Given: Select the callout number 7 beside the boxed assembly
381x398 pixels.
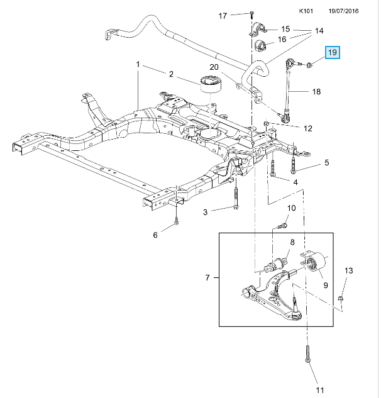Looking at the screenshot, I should coord(208,277).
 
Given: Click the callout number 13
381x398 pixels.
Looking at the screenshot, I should coord(350,271).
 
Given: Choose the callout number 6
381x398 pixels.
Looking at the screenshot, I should coord(156,235).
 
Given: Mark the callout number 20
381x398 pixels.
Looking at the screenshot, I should coord(213,67).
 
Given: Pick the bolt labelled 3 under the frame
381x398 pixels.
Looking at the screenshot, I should coord(236,200).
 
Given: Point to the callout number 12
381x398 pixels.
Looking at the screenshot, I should coord(307,128).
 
